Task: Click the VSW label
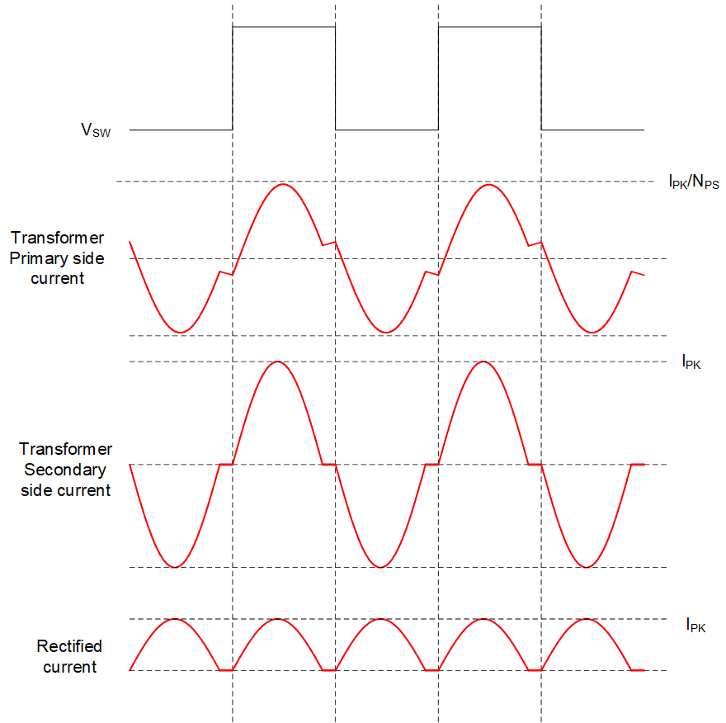[96, 130]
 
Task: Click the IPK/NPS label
[694, 181]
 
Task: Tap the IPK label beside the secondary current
[691, 361]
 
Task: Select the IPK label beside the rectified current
[695, 625]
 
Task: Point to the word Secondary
[65, 470]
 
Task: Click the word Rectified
[69, 646]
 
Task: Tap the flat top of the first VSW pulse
[284, 27]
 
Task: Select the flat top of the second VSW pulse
[490, 27]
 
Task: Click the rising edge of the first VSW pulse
[233, 78]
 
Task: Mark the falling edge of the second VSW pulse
[541, 78]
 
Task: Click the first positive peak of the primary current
[283, 184]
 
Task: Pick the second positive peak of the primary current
[489, 184]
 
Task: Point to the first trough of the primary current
[180, 333]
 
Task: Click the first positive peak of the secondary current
[277, 361]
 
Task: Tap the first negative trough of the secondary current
[175, 567]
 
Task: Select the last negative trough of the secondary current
[587, 567]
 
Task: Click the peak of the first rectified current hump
[175, 619]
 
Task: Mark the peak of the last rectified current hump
[587, 619]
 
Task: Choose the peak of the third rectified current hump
[380, 619]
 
